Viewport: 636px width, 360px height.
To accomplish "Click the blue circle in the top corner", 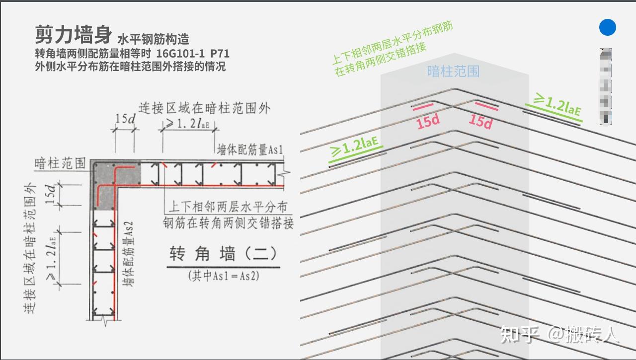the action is point(607,28).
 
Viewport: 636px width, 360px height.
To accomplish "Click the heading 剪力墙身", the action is point(74,35).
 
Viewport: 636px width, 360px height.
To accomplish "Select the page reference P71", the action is point(220,53).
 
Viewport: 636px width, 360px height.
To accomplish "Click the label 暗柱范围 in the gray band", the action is point(453,72).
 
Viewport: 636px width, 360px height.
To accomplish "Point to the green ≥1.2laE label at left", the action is point(355,146).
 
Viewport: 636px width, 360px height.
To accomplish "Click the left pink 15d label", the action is point(428,122).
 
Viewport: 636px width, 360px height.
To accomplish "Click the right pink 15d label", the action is point(480,121).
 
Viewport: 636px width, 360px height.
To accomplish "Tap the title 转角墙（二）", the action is point(223,254).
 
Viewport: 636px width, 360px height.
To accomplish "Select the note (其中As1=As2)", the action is point(223,276).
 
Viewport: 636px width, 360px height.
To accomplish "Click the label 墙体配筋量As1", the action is point(250,149).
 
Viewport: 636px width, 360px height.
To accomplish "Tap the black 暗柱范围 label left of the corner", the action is point(60,163).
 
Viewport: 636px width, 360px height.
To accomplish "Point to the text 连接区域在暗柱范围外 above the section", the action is point(204,108).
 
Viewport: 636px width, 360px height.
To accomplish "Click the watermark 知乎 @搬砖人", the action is point(560,334).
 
